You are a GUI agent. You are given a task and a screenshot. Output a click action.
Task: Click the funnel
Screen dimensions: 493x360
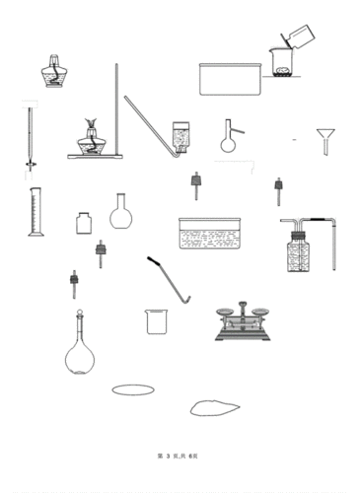click(x=325, y=137)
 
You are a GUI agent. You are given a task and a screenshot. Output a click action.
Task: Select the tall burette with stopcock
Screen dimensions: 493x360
click(x=30, y=138)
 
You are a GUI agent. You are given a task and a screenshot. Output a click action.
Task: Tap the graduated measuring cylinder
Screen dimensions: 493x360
click(x=36, y=213)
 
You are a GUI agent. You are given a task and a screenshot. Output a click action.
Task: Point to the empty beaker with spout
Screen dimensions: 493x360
click(x=156, y=321)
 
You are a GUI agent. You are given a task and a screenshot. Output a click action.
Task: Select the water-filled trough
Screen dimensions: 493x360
click(x=209, y=237)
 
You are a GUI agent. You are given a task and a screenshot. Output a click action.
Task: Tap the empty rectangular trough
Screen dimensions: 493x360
click(x=232, y=79)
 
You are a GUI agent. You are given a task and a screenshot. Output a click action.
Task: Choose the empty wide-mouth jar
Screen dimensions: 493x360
click(x=84, y=223)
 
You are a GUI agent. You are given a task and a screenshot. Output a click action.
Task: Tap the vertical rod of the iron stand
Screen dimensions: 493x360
click(x=117, y=108)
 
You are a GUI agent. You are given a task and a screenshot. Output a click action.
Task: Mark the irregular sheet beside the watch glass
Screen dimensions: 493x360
click(x=215, y=406)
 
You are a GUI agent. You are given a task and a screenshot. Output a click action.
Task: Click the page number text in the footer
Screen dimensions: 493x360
click(x=179, y=455)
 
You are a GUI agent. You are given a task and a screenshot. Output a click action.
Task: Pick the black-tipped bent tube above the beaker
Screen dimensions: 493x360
click(x=168, y=280)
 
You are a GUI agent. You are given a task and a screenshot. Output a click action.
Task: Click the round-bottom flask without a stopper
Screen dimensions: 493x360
click(x=120, y=213)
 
